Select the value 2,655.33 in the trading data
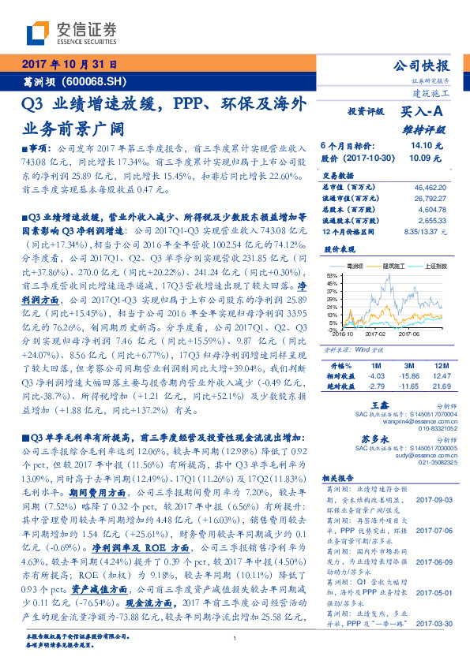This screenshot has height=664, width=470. point(432,222)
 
